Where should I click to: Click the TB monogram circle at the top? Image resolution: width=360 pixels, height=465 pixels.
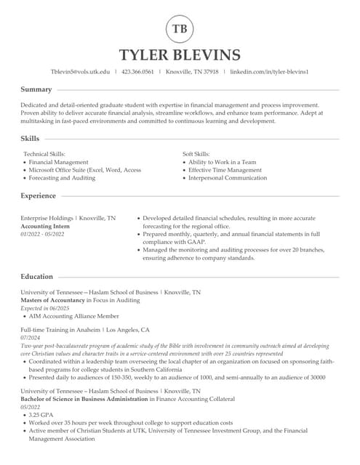[180, 29]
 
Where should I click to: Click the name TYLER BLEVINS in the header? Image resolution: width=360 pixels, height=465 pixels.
[180, 55]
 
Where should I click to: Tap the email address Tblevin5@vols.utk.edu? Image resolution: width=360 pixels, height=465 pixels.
[80, 72]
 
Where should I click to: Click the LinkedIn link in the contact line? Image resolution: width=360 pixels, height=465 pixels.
[269, 72]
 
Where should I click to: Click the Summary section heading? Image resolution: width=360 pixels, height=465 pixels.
[36, 89]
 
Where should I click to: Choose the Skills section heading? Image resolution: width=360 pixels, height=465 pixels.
[31, 138]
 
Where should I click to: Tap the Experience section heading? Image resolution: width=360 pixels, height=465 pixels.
[39, 195]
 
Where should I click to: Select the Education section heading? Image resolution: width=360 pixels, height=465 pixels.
[37, 276]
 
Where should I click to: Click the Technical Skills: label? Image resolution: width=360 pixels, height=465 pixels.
[44, 154]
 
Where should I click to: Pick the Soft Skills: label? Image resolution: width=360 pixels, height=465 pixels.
[196, 154]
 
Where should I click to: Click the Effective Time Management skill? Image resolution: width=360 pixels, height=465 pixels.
[225, 170]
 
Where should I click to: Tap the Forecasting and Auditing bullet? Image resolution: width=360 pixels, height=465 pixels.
[62, 178]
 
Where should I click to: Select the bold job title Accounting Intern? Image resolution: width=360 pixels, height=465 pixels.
[45, 226]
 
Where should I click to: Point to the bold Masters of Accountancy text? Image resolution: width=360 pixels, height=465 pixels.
[52, 300]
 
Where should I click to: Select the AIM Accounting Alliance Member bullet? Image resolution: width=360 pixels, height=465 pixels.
[73, 316]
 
